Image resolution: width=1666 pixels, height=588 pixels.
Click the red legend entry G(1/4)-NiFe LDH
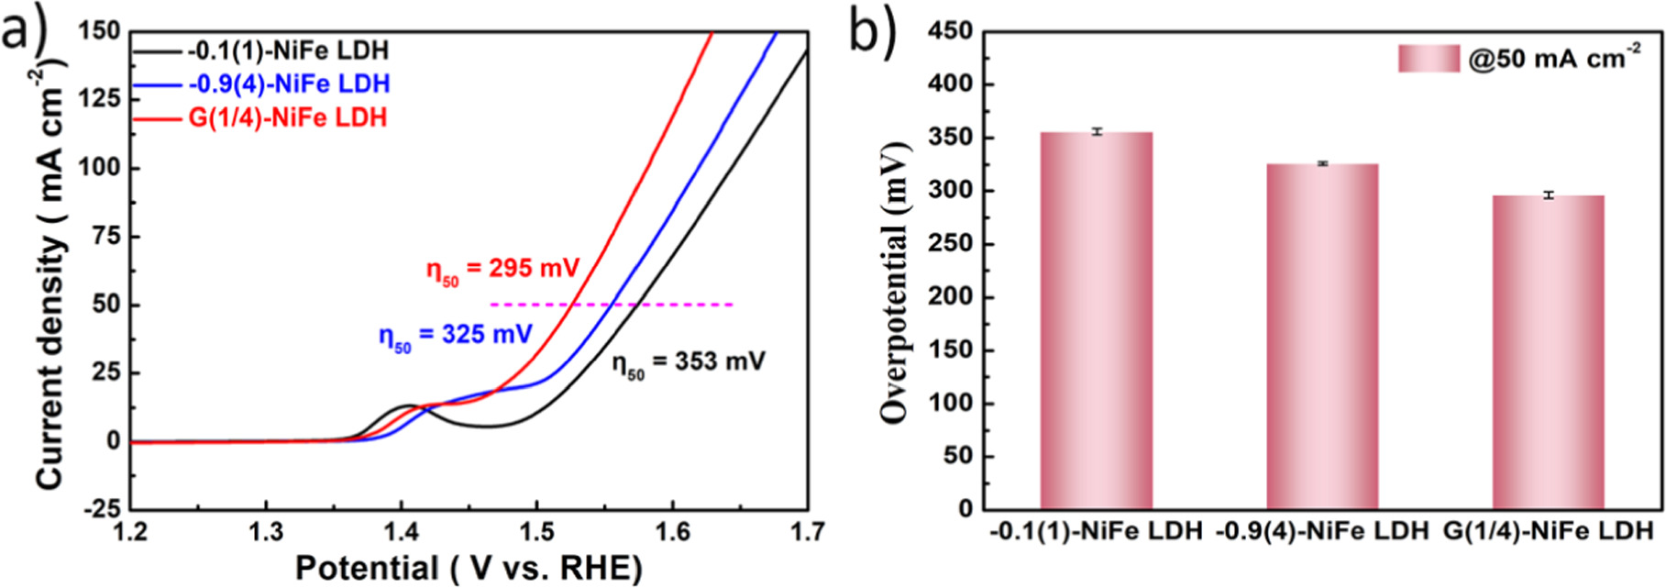287,118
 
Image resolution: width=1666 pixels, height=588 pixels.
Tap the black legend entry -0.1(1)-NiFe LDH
288,50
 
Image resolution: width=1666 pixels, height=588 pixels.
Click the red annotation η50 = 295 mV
502,270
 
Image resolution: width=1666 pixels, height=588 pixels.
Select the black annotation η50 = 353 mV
688,363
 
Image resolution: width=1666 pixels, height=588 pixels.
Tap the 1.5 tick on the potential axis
536,532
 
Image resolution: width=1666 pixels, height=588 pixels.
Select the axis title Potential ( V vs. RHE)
469,569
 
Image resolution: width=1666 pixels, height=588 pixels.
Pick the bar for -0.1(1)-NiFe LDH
1096,321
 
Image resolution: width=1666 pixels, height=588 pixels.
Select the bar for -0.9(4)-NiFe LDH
1322,336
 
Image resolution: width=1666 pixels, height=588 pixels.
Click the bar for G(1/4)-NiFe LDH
1548,352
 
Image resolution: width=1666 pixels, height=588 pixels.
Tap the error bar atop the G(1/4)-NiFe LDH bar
1548,195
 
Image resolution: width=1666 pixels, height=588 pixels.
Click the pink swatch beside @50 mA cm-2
1428,59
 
